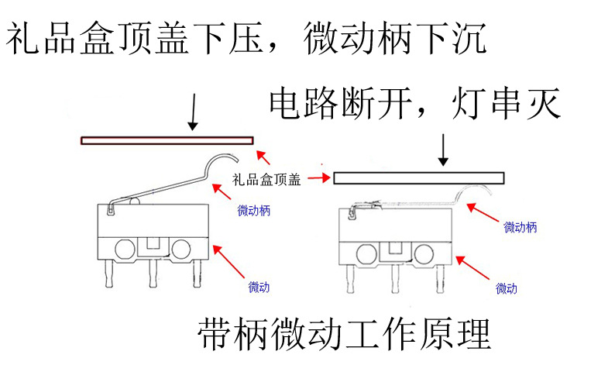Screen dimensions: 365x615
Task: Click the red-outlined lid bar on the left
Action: pyautogui.click(x=167, y=140)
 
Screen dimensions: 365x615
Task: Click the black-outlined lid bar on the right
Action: pyautogui.click(x=418, y=178)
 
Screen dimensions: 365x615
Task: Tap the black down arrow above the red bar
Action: pyautogui.click(x=193, y=113)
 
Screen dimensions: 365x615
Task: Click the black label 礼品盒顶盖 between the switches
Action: pyautogui.click(x=266, y=181)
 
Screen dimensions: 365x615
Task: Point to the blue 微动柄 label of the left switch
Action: pyautogui.click(x=253, y=209)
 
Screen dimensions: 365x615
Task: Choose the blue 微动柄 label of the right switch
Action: pyautogui.click(x=520, y=227)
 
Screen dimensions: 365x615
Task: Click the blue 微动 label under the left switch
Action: pyautogui.click(x=259, y=288)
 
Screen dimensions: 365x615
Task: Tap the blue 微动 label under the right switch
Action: pyautogui.click(x=507, y=289)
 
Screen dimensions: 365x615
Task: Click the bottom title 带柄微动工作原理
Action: pyautogui.click(x=344, y=334)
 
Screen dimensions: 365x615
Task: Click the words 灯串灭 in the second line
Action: pyautogui.click(x=504, y=103)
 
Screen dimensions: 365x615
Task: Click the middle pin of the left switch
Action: pyautogui.click(x=153, y=271)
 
